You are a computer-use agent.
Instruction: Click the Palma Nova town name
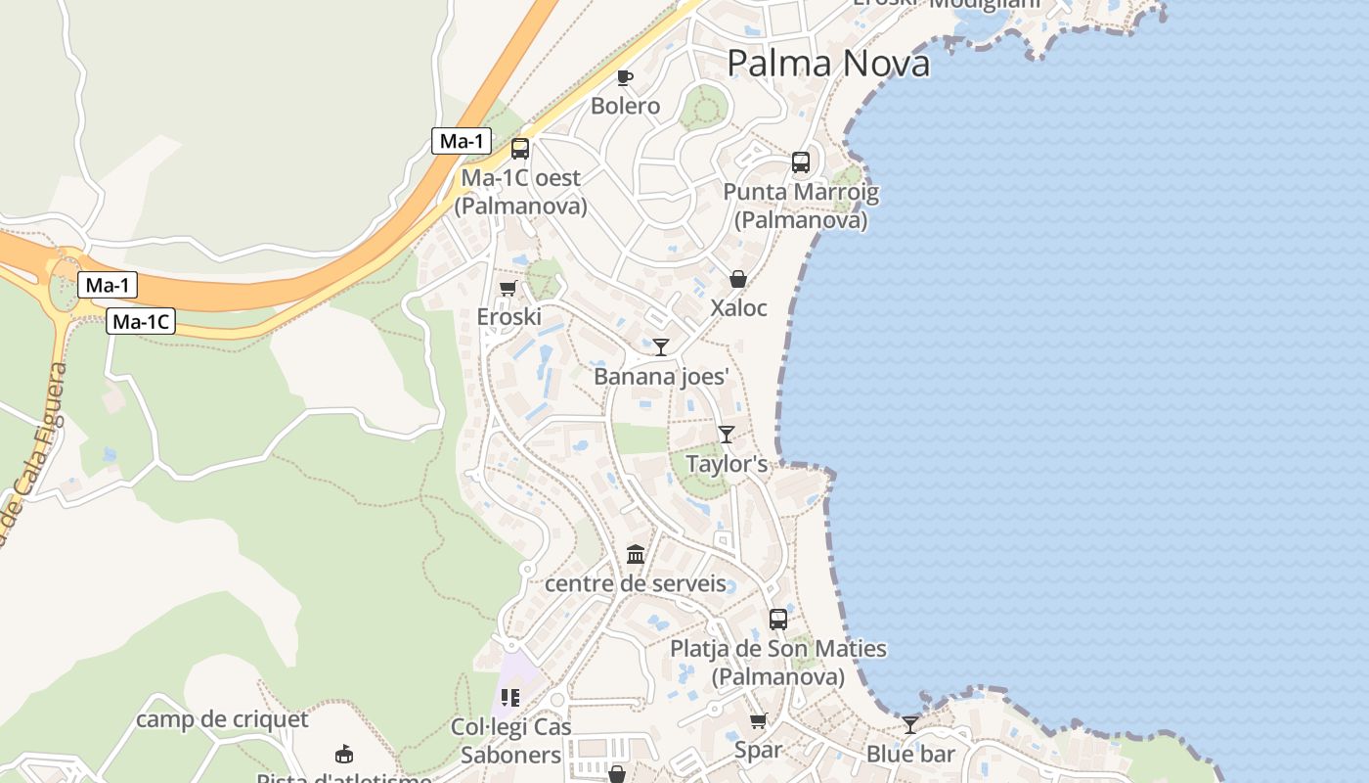(x=828, y=64)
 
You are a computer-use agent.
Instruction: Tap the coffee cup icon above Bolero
(x=625, y=77)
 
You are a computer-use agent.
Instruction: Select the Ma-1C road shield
(x=141, y=321)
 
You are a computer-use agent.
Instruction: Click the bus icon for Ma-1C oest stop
(x=520, y=149)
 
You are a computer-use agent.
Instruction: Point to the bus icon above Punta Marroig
(x=801, y=162)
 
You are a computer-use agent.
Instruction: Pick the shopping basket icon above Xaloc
(x=738, y=279)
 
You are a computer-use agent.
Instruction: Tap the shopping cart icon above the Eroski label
(x=508, y=289)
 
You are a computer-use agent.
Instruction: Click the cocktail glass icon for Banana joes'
(x=661, y=346)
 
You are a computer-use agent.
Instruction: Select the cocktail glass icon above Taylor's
(x=726, y=434)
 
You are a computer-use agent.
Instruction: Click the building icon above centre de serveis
(x=636, y=555)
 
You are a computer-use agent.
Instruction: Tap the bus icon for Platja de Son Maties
(x=778, y=619)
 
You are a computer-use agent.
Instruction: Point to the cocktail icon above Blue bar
(x=910, y=724)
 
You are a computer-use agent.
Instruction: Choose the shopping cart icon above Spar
(x=758, y=721)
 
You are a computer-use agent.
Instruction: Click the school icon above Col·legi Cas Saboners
(x=509, y=698)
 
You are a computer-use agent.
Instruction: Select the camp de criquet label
(x=222, y=719)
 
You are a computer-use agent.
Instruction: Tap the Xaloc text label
(x=738, y=307)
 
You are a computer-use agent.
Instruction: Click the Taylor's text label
(x=727, y=463)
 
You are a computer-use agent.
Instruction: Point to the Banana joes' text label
(x=662, y=376)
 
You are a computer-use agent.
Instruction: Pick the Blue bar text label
(x=910, y=754)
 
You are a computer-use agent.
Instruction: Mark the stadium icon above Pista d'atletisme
(x=344, y=754)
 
